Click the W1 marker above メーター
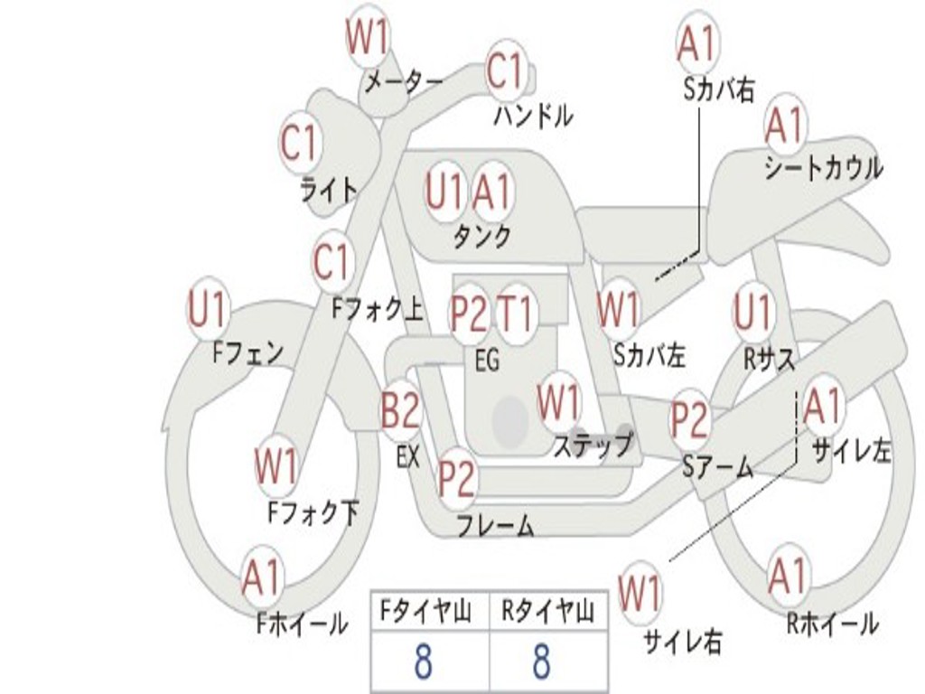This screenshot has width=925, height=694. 367,36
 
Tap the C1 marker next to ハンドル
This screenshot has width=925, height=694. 506,70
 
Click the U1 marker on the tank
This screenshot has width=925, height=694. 444,192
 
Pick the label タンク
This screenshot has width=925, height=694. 481,236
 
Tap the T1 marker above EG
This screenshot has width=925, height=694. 515,313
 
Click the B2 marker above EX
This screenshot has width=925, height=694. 400,409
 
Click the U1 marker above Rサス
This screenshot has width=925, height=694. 752,311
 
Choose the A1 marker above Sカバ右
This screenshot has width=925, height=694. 698,43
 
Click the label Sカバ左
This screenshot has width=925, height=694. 649,355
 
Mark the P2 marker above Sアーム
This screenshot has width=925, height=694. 690,419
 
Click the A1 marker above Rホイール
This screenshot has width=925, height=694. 788,576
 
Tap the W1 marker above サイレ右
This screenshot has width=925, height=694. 640,594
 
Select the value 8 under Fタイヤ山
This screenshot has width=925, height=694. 424,661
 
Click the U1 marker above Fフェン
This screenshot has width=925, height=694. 207,309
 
